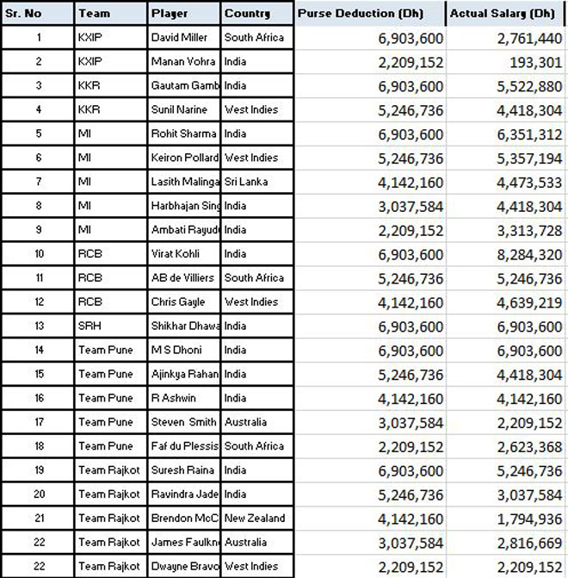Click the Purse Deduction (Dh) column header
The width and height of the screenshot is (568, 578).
coord(369,14)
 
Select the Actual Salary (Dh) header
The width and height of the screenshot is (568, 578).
coord(504,14)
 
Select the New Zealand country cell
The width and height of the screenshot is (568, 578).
coord(256,519)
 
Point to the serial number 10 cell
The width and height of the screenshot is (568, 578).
coord(39,254)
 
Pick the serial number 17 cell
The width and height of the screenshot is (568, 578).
coord(39,422)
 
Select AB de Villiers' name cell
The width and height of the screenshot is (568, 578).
coord(184,278)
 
